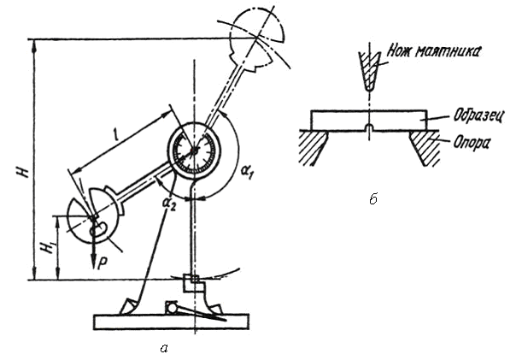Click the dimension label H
25,171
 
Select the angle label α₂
169,204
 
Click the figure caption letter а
164,348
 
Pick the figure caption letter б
372,199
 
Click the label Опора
472,143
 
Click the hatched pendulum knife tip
369,72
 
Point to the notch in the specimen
370,127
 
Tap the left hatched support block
314,147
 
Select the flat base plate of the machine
171,322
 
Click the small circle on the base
172,309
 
